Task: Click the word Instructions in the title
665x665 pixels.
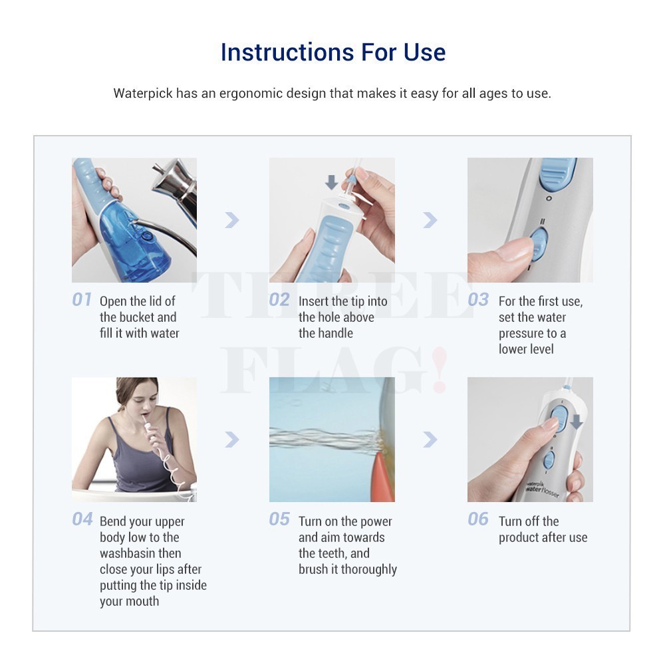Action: pos(287,52)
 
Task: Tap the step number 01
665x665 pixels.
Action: pos(82,299)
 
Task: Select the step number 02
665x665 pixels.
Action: pos(279,299)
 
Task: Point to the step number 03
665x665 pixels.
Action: pos(478,299)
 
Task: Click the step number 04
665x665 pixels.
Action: pos(82,519)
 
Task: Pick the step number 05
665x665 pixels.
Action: pos(279,519)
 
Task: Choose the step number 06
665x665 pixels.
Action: pos(478,519)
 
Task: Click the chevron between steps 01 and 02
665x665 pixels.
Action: pos(232,219)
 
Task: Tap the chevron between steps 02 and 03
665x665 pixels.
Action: pos(430,219)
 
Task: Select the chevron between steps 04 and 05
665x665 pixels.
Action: pos(232,440)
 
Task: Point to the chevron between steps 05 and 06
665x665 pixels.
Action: pos(430,440)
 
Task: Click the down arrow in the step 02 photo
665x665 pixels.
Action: pos(331,182)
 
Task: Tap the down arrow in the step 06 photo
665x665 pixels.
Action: pos(577,422)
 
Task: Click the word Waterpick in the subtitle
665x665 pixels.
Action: pos(143,93)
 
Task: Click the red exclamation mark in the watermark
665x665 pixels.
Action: pos(439,369)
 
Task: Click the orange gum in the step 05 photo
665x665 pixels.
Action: pos(385,476)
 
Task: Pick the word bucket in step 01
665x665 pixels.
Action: pos(138,317)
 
